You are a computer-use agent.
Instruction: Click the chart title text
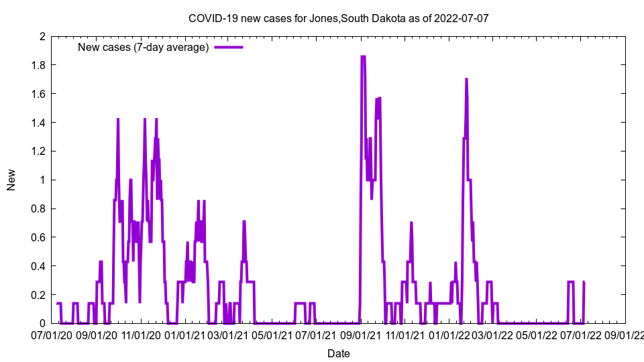[x=338, y=18]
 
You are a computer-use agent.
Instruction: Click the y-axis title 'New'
[x=11, y=180]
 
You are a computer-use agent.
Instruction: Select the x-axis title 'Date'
[x=338, y=353]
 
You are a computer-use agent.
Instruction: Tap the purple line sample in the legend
[x=228, y=47]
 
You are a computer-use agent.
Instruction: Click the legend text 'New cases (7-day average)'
[x=144, y=47]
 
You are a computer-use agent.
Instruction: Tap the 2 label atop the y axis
[x=42, y=36]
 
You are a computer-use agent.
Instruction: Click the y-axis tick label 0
[x=42, y=323]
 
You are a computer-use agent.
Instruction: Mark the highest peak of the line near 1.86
[x=363, y=57]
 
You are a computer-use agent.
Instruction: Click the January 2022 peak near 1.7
[x=466, y=79]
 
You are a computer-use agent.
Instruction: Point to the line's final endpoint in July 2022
[x=584, y=282]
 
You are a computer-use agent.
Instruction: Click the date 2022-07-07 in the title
[x=462, y=18]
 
